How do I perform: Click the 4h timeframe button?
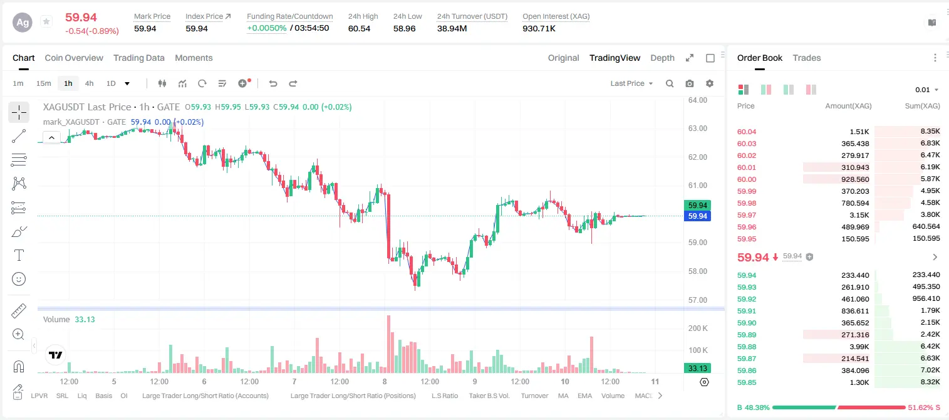click(89, 83)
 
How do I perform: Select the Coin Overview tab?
click(74, 58)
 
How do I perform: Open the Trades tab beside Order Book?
click(807, 58)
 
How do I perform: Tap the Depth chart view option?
click(662, 58)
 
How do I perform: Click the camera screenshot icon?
click(690, 83)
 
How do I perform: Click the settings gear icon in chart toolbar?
click(710, 83)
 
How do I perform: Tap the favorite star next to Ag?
click(46, 21)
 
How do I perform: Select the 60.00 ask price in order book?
click(747, 179)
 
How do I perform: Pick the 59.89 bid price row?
click(747, 335)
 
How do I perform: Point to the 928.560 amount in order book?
click(855, 179)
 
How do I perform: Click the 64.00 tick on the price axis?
click(698, 100)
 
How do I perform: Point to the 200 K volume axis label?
click(698, 328)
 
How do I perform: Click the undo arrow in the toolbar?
click(273, 83)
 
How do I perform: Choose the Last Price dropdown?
click(631, 83)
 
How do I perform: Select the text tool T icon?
click(19, 255)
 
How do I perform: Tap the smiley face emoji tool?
click(19, 279)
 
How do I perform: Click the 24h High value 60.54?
click(360, 28)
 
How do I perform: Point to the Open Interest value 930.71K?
click(539, 28)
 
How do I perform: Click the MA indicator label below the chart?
click(563, 396)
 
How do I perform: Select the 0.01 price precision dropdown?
click(926, 90)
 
